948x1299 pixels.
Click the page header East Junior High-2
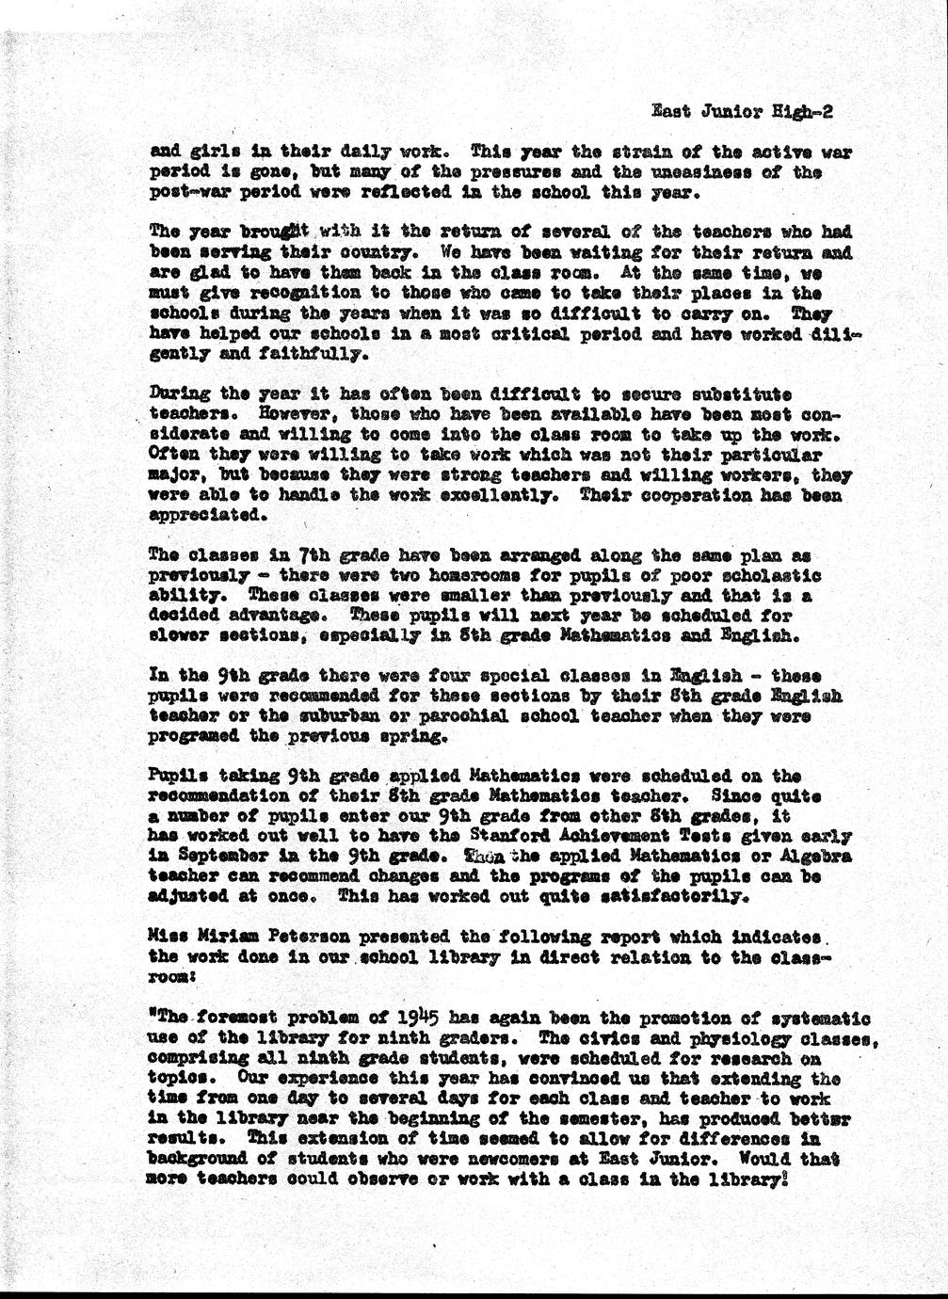coord(743,112)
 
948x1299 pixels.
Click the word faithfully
coord(304,356)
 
